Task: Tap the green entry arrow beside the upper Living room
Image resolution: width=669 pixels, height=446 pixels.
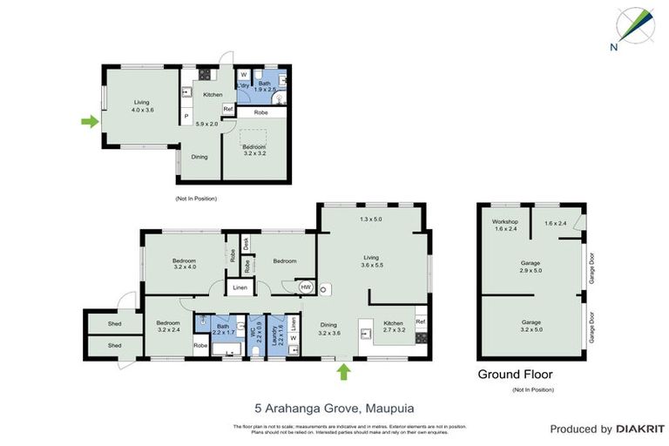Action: coord(89,122)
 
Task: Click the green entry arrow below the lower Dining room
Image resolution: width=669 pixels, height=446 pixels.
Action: coord(343,372)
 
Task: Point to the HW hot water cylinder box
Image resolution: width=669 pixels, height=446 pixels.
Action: coord(306,286)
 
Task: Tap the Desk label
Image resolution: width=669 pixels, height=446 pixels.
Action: coord(247,244)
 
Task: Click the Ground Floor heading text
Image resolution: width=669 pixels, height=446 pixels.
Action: coord(515,375)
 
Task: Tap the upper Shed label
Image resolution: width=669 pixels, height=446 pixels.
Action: coord(115,322)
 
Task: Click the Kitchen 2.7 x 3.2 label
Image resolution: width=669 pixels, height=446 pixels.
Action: coord(395,328)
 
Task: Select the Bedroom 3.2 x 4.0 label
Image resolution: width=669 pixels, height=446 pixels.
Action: coord(184,265)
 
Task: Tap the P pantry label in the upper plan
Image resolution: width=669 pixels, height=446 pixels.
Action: coord(186,117)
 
